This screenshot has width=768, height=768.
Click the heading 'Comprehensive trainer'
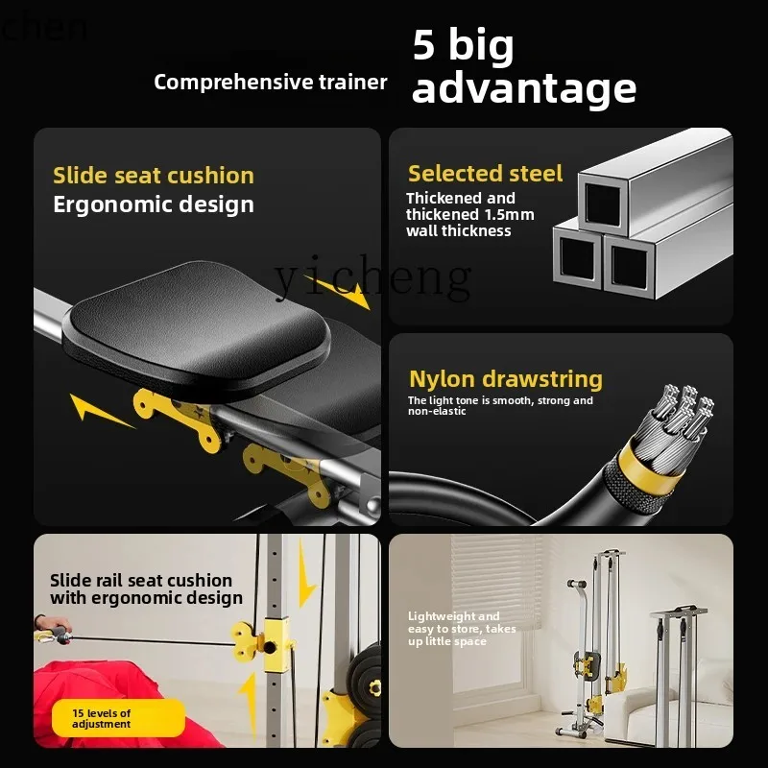[x=271, y=83]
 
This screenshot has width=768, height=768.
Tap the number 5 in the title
[x=423, y=44]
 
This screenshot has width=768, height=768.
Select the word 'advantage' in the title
[x=524, y=89]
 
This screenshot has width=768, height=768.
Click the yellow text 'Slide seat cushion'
[x=154, y=176]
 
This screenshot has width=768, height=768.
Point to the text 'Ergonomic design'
[x=154, y=204]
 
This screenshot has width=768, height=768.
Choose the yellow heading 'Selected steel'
[x=486, y=174]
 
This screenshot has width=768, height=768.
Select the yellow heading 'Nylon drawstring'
[x=506, y=379]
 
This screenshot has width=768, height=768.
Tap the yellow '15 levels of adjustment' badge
[x=118, y=718]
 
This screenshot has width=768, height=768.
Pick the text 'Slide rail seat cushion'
[x=141, y=581]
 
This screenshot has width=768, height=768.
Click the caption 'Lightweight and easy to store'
[x=462, y=622]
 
